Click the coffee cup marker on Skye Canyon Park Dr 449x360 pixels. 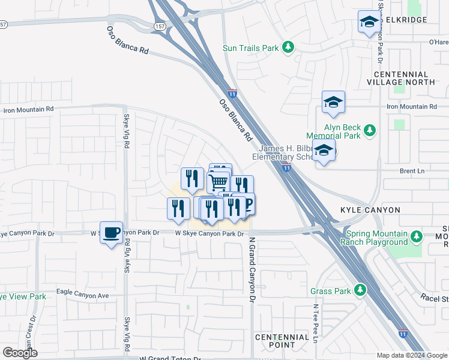pyautogui.click(x=111, y=232)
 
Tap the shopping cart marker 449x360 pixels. pyautogui.click(x=218, y=181)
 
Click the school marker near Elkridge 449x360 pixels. pyautogui.click(x=368, y=22)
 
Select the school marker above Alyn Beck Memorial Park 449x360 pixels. pyautogui.click(x=333, y=102)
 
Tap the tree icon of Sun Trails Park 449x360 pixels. pyautogui.click(x=289, y=47)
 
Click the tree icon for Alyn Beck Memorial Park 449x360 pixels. pyautogui.click(x=370, y=130)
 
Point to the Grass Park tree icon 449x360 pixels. pyautogui.click(x=360, y=291)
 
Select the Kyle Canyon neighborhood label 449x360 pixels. pyautogui.click(x=370, y=211)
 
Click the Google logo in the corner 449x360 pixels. pyautogui.click(x=20, y=353)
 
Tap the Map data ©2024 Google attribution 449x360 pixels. pyautogui.click(x=412, y=355)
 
